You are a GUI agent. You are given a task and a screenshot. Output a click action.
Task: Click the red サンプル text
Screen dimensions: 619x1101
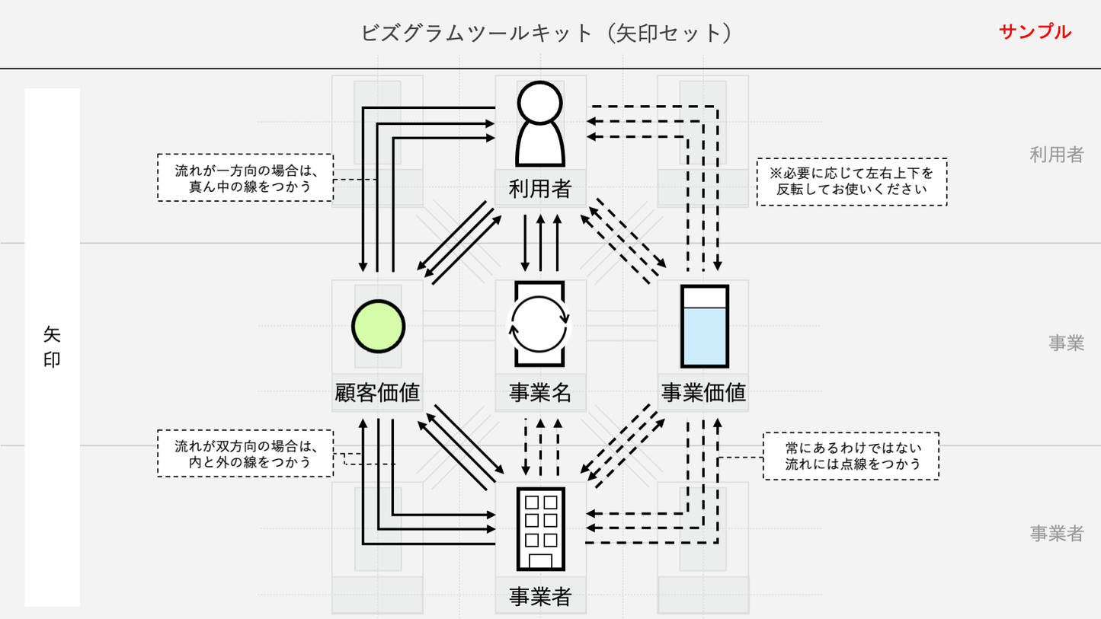click(x=1035, y=32)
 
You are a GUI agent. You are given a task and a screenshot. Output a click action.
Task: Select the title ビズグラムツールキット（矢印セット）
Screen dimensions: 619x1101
click(x=546, y=33)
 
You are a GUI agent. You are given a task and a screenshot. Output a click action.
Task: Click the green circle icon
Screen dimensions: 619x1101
click(x=378, y=327)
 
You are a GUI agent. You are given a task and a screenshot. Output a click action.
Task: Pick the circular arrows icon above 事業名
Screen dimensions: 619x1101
click(x=539, y=325)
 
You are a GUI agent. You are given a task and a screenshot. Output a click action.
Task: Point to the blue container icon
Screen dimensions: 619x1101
click(x=704, y=327)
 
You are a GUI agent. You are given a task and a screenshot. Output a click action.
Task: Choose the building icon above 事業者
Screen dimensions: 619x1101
click(x=540, y=528)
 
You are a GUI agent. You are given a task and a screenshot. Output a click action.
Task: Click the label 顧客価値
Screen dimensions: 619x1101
click(x=378, y=392)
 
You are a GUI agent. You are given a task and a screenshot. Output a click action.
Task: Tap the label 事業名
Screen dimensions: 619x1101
click(x=540, y=392)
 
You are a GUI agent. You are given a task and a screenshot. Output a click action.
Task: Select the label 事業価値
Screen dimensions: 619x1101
click(x=703, y=392)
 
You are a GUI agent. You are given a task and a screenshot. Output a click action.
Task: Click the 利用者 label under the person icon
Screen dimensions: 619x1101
click(x=540, y=188)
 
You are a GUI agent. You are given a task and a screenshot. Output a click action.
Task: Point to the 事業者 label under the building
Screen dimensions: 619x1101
click(x=540, y=597)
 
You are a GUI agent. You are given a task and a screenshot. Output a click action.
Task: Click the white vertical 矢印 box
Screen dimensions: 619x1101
click(x=52, y=347)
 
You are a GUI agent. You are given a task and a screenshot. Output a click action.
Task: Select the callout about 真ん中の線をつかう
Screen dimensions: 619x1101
click(x=245, y=177)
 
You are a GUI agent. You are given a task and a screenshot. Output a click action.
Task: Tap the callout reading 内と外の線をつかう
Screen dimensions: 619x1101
click(x=245, y=453)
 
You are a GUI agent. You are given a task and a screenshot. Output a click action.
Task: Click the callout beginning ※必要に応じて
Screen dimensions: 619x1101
click(x=851, y=182)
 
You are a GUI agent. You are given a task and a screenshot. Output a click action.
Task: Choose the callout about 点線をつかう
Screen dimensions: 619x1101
click(x=850, y=455)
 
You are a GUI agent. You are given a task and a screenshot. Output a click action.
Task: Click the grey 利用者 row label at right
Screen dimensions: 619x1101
click(x=1056, y=155)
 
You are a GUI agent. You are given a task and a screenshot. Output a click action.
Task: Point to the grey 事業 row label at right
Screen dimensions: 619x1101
click(x=1065, y=343)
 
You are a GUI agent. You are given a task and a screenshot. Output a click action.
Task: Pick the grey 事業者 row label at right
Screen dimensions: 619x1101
click(x=1056, y=534)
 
